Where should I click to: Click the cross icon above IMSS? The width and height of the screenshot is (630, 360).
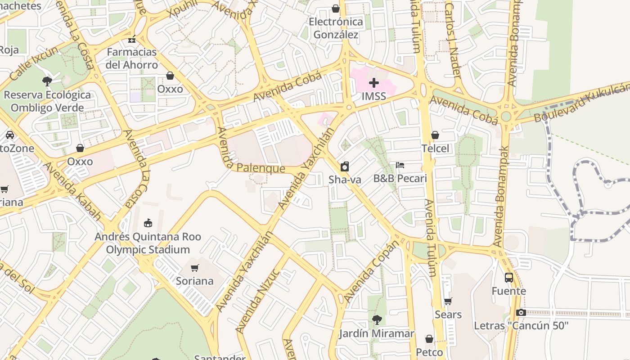(373, 83)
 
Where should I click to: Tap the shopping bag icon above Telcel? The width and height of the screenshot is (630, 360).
(435, 135)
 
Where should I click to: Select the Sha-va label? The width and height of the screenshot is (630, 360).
(345, 180)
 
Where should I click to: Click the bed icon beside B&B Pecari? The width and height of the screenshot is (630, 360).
(400, 165)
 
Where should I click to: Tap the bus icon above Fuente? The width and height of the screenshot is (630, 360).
(508, 278)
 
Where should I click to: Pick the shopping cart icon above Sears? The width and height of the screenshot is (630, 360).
(448, 301)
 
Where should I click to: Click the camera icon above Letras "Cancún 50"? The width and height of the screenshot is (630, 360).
(521, 312)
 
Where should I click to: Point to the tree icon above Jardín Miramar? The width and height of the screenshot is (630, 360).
(376, 320)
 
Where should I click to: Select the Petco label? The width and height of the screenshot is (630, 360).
(429, 352)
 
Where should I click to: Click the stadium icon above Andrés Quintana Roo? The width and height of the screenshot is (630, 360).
(148, 223)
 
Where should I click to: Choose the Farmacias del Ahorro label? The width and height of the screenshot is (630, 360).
(132, 58)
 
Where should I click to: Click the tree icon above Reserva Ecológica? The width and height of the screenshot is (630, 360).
(47, 81)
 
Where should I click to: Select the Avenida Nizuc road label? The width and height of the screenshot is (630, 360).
(258, 301)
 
